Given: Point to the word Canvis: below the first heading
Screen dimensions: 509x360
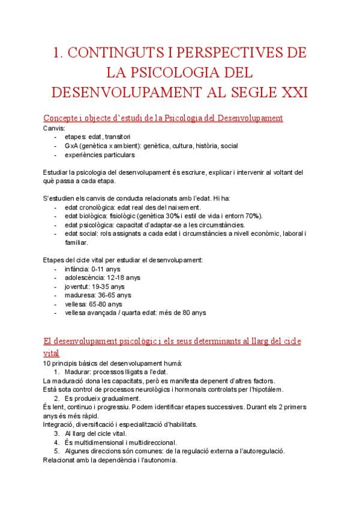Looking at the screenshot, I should (55, 128).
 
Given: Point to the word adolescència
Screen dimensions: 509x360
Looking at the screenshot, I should (84, 277).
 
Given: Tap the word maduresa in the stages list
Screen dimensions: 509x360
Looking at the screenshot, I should (80, 295).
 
